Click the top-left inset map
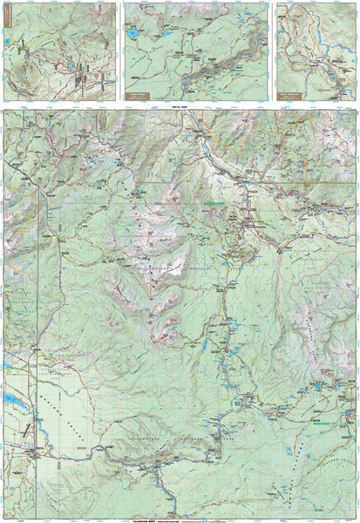pyautogui.click(x=59, y=51)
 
